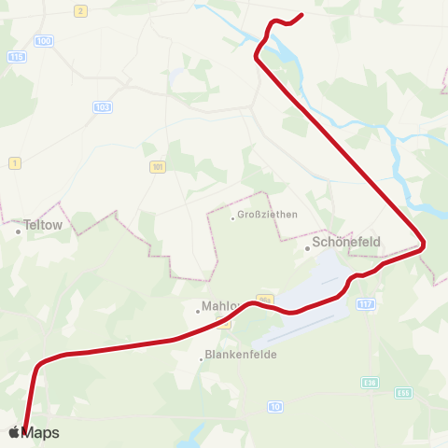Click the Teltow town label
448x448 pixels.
point(42,225)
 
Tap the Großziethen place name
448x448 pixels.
point(268,215)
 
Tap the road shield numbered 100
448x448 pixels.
point(43,41)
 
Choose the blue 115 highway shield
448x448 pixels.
point(16,57)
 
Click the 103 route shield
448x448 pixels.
point(103,107)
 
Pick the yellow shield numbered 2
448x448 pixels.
point(80,10)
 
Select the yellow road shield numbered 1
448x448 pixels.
point(14,163)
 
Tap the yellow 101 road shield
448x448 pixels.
point(157,167)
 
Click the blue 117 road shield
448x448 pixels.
point(365,304)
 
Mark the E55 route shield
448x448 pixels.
point(402,393)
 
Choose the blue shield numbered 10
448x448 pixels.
point(274,406)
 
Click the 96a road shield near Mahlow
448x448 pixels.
point(264,298)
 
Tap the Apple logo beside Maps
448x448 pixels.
point(13,432)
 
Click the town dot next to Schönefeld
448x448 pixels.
point(308,247)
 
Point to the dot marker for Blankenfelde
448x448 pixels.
point(202,357)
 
